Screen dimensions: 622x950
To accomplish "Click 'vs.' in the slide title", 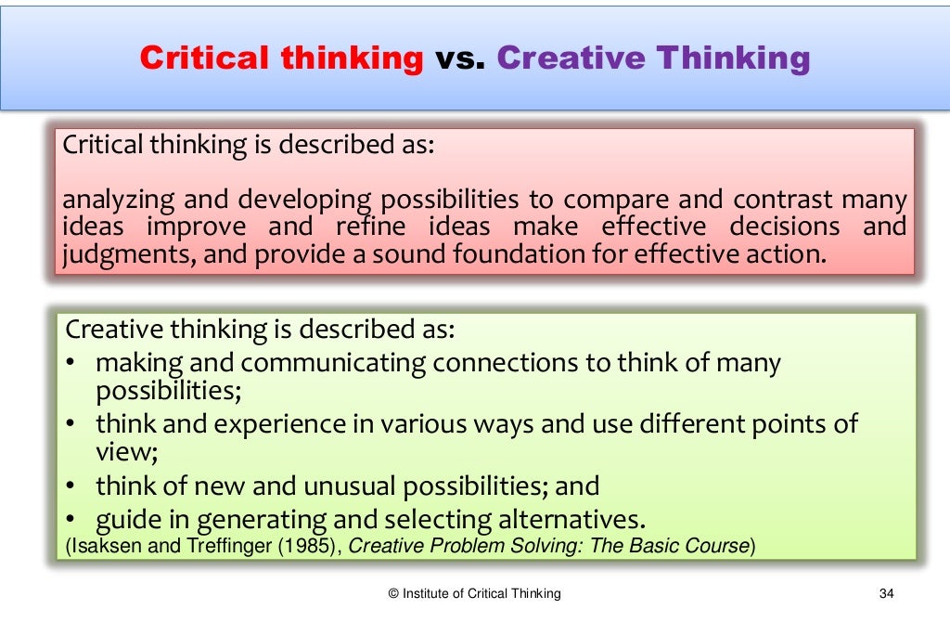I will click(x=460, y=59).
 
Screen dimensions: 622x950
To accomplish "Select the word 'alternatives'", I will click(x=561, y=517).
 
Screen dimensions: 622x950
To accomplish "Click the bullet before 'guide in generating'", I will click(x=71, y=517).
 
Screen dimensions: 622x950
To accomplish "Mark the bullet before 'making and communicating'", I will click(x=71, y=363).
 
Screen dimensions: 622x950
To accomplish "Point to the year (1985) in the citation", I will click(x=309, y=546).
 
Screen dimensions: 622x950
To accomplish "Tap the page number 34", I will click(x=884, y=593).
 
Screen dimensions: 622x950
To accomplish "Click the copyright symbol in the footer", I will click(x=393, y=593).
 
